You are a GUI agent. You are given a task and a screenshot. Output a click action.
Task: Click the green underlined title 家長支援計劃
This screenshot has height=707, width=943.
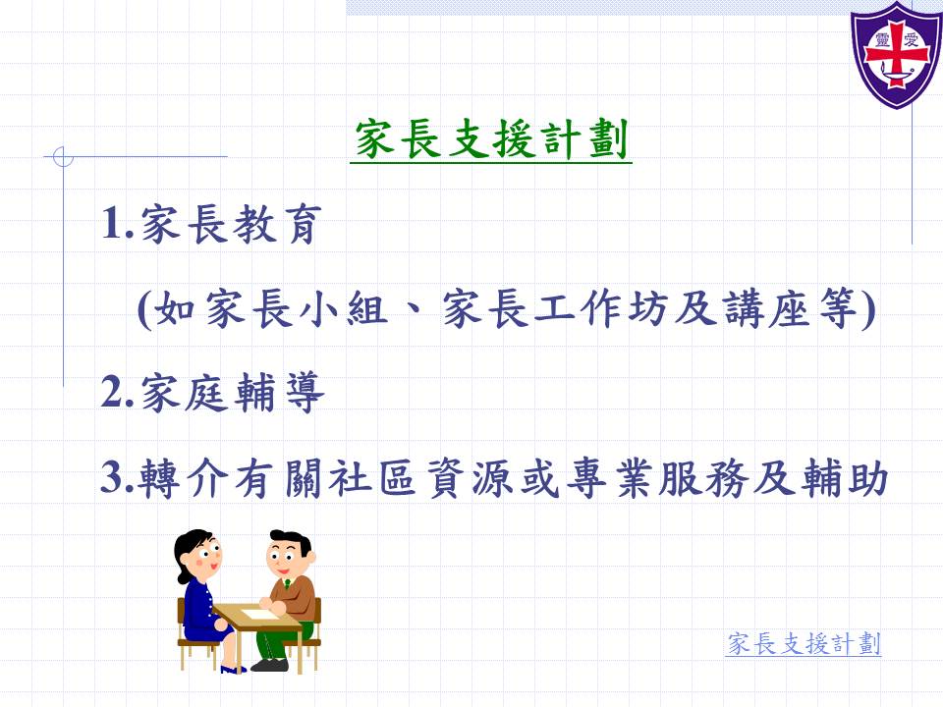pyautogui.click(x=491, y=139)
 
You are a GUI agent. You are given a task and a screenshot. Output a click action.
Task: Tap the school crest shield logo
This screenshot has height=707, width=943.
pyautogui.click(x=896, y=55)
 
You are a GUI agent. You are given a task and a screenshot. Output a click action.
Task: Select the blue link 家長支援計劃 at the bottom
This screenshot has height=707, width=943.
pyautogui.click(x=804, y=643)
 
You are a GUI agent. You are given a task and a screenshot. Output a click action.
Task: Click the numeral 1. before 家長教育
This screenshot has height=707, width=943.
pyautogui.click(x=117, y=223)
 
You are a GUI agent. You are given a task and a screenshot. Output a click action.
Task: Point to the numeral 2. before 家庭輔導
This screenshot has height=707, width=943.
pyautogui.click(x=117, y=392)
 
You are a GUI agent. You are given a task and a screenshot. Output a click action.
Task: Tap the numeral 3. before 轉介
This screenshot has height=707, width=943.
pyautogui.click(x=117, y=477)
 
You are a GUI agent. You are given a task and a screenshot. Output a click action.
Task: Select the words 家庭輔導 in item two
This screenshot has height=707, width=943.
pyautogui.click(x=233, y=393)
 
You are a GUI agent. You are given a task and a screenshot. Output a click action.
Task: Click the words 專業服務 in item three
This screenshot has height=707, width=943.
pyautogui.click(x=660, y=478)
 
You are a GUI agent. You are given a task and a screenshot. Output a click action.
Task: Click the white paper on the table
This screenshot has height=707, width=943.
pyautogui.click(x=259, y=615)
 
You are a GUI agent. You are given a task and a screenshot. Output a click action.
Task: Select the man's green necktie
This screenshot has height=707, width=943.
pyautogui.click(x=288, y=584)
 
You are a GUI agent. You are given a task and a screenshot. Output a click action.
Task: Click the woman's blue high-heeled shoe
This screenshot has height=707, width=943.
pyautogui.click(x=233, y=669)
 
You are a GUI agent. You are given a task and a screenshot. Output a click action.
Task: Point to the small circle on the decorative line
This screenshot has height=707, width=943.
pyautogui.click(x=63, y=156)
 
